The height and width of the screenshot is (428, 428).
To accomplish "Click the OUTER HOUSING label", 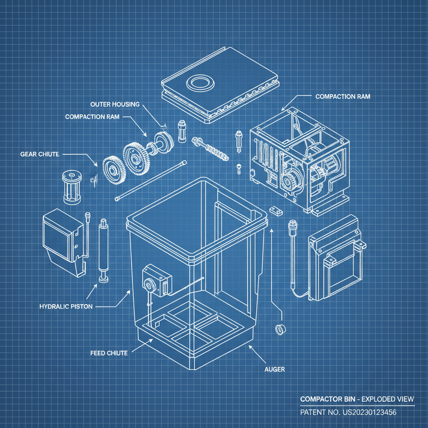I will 115,104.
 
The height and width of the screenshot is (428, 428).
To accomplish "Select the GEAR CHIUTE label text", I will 40,154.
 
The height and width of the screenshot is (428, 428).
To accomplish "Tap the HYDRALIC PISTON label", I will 66,306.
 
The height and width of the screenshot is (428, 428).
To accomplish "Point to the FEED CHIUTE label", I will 109,353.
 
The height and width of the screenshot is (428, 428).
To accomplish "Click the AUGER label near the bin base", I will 275,369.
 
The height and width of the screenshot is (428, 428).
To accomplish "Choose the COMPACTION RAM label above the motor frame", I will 342,97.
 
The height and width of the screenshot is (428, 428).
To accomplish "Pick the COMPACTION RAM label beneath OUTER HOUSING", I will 92,117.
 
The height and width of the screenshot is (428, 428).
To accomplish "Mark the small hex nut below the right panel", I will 279,329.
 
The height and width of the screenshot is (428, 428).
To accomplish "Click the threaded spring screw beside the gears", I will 211,149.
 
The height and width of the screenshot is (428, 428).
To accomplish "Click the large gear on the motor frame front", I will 288,182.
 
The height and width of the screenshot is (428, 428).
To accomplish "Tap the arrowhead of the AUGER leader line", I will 250,346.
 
